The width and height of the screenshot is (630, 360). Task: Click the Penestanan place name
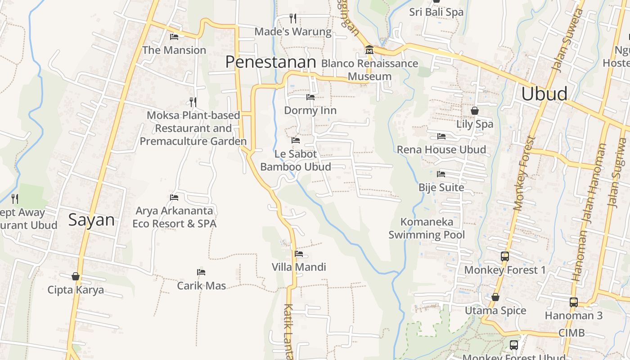click(270, 62)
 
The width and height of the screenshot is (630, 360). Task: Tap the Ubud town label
click(544, 94)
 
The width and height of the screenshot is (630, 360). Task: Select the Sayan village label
click(91, 220)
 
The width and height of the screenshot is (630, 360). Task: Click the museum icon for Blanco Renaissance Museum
click(369, 49)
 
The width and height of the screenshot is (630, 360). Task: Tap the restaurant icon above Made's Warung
click(293, 18)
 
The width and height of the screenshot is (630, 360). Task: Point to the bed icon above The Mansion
click(174, 37)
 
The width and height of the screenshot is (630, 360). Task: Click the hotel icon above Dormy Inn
click(310, 97)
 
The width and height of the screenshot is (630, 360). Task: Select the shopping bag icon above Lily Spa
click(475, 111)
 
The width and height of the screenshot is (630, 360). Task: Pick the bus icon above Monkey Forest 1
click(505, 256)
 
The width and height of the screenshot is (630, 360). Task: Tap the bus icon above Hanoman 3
click(574, 302)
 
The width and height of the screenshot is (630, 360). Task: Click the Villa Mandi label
click(299, 267)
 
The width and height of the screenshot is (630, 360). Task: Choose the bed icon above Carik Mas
click(201, 272)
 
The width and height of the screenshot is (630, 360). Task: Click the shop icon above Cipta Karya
click(76, 276)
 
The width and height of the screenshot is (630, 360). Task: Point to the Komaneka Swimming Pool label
click(427, 228)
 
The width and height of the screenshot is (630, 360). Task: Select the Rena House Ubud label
click(441, 149)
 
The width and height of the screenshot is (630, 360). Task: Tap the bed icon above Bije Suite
click(441, 174)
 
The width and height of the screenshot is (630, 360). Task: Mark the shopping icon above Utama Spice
click(495, 297)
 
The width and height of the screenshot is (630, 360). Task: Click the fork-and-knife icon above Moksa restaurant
click(193, 102)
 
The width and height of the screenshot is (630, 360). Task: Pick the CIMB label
click(571, 333)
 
